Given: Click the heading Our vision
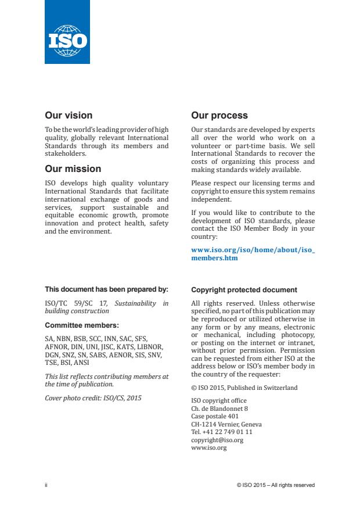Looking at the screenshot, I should click(x=69, y=116).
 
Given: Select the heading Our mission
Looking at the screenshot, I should click(x=73, y=169).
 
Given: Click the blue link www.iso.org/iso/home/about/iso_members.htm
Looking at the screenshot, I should click(x=253, y=254).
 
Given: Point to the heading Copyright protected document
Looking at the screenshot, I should click(x=244, y=289).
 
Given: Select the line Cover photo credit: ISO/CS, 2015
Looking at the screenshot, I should click(x=93, y=397).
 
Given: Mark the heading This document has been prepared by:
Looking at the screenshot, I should click(x=106, y=289).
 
